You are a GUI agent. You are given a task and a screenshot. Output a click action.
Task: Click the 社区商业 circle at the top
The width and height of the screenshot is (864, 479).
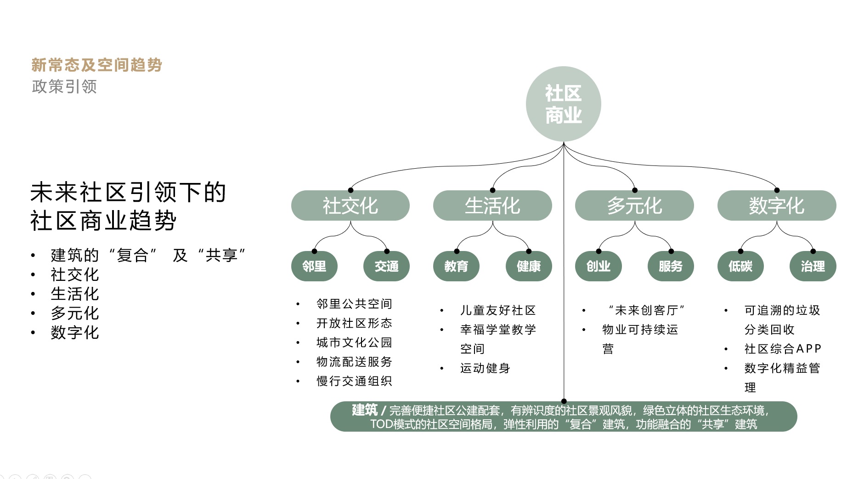coord(563,104)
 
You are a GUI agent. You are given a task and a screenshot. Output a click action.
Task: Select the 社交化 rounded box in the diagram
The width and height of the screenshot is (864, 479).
coord(350,205)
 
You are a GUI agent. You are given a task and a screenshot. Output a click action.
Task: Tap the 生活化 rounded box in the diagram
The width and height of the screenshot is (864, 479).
coord(492,205)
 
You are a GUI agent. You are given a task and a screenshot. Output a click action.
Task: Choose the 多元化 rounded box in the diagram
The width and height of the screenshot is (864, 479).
coord(634,205)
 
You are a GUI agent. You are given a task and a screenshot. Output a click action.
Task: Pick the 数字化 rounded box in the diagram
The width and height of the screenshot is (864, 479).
coord(776,205)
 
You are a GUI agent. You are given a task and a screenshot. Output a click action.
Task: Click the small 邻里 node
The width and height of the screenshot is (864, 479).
coord(314,266)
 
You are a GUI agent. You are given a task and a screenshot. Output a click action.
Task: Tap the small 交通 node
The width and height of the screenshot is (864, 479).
coord(386,266)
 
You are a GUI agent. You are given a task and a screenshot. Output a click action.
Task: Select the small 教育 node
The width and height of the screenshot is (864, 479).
coord(456,266)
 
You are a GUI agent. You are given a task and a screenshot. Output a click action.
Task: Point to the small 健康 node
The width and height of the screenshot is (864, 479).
coord(528,266)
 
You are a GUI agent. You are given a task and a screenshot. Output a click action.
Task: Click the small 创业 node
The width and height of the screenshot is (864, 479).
coord(598,266)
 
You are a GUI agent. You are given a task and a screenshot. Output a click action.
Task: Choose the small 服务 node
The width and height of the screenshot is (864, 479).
coord(670,266)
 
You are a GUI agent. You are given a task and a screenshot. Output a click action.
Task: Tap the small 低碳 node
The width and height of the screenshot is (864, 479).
coord(740,266)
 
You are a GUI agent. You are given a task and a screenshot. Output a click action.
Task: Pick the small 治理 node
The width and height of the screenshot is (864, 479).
coord(813,266)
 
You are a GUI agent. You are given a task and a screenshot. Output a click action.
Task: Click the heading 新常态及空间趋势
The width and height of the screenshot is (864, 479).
coord(96,65)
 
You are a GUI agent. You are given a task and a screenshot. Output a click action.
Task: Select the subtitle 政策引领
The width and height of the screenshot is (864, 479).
coord(64,86)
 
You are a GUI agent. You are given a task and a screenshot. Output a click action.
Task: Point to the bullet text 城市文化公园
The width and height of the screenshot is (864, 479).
coord(354,342)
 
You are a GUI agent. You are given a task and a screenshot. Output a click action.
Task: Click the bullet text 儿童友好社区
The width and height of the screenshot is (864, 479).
coord(498,310)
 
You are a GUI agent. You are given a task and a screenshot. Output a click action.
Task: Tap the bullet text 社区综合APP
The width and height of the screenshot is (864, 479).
coord(783,349)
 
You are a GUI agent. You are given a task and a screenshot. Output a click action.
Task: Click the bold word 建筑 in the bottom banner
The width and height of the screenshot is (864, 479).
coord(365,410)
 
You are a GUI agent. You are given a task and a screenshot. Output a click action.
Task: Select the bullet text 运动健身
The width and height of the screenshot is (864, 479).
coord(485,368)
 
